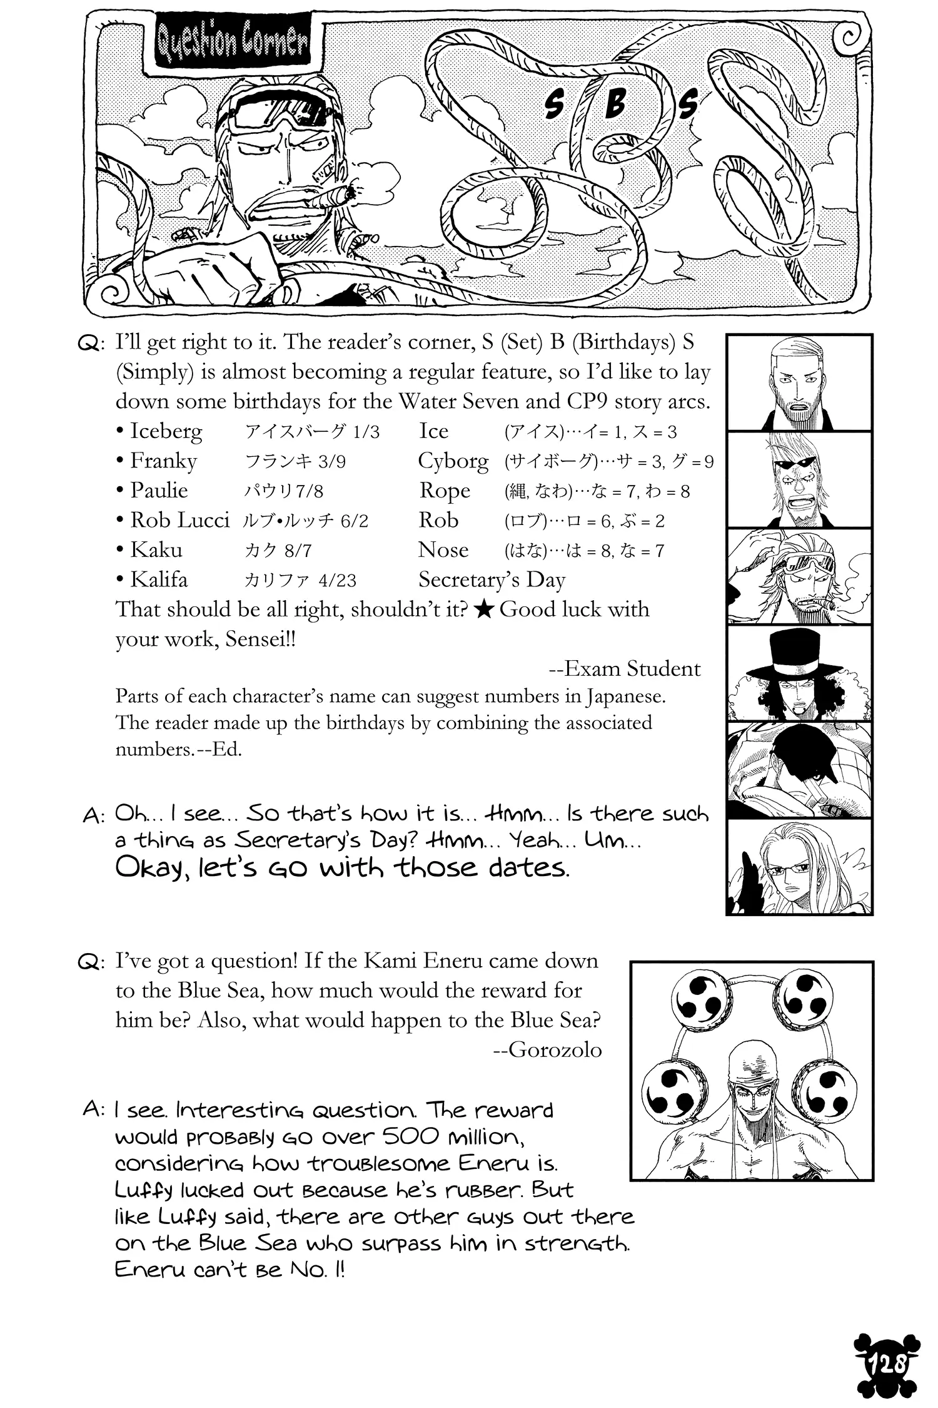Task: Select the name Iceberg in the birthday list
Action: click(x=166, y=431)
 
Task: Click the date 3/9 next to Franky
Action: click(x=331, y=462)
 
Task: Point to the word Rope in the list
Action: click(x=444, y=491)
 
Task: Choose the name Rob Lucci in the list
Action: click(x=179, y=520)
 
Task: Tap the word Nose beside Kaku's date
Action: click(x=443, y=550)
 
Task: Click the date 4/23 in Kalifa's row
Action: click(x=337, y=580)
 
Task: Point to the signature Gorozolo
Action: click(x=555, y=1049)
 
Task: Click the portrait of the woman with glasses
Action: click(x=799, y=867)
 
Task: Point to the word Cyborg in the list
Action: click(x=453, y=461)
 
